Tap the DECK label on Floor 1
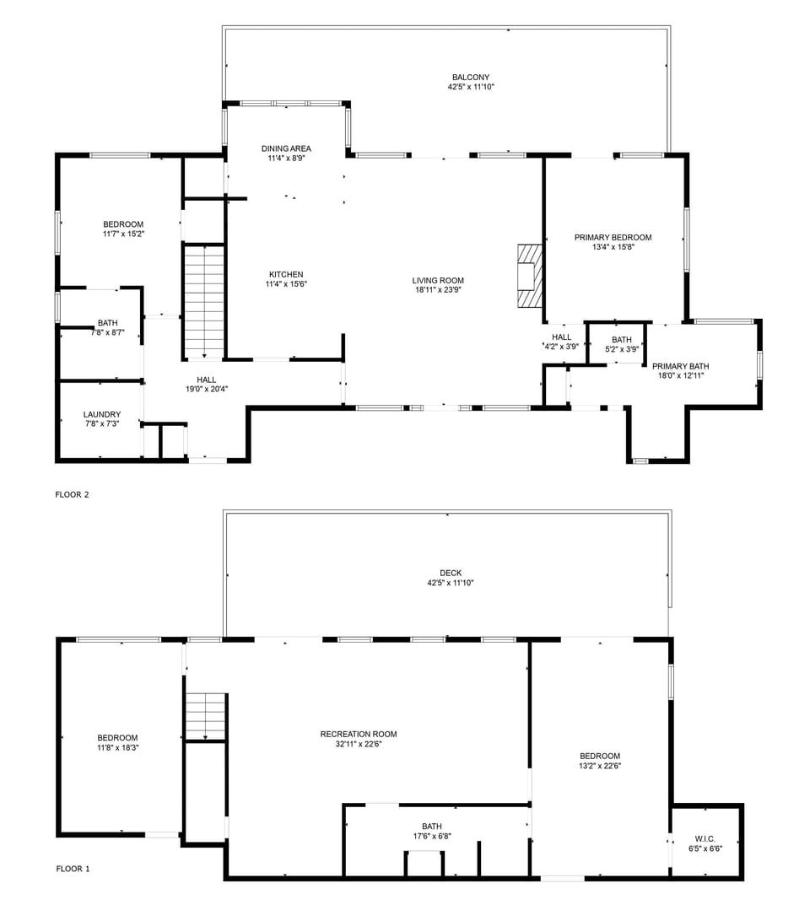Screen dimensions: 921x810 point(450,573)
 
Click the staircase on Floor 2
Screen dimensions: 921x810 point(204,299)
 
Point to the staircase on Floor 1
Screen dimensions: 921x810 point(206,714)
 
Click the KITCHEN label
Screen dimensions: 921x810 point(286,274)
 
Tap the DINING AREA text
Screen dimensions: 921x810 point(286,148)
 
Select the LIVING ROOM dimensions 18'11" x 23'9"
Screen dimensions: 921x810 point(437,290)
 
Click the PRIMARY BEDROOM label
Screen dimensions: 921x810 point(613,238)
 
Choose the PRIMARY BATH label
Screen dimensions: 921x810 point(680,366)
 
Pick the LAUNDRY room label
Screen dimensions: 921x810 point(101,414)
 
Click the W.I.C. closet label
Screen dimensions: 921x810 point(705,838)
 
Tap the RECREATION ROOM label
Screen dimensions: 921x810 point(358,734)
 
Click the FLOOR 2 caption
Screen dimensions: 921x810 point(72,494)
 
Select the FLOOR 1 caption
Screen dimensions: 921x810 point(73,868)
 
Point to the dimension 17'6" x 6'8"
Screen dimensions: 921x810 point(431,837)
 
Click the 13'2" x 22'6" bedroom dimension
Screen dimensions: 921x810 point(599,766)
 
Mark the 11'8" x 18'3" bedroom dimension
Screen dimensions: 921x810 point(117,747)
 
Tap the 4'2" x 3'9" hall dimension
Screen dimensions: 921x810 point(561,347)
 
